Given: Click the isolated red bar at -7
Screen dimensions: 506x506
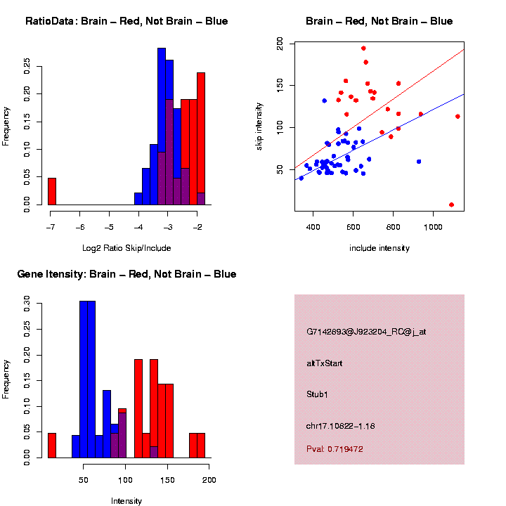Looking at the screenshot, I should (51, 191).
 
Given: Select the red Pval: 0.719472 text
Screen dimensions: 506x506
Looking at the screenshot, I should (335, 448).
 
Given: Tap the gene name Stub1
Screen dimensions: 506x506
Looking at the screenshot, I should (317, 394).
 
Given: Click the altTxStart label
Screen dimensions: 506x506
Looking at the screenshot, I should (324, 363).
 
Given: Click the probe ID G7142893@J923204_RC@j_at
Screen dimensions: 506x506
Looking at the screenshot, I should (365, 332).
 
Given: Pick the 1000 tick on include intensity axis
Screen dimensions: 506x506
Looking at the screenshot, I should (433, 227).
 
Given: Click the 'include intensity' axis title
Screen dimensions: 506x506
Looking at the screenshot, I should (379, 248).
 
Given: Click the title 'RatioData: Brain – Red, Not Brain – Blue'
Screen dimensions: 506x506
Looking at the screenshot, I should (126, 21).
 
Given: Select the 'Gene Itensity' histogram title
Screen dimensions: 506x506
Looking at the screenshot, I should (126, 274).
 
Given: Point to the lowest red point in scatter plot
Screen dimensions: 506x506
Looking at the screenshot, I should (451, 205).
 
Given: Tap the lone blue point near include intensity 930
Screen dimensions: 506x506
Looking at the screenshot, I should (419, 162).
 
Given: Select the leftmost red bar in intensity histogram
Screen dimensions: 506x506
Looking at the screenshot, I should (51, 446).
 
